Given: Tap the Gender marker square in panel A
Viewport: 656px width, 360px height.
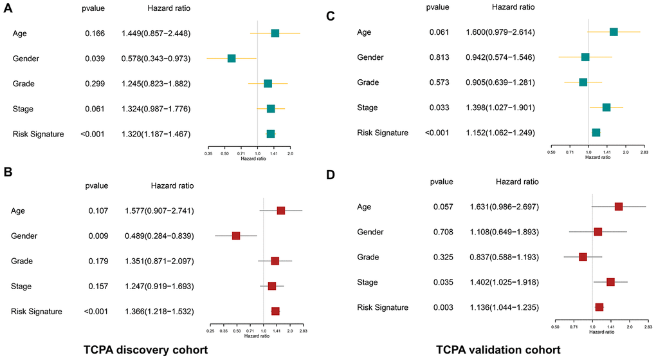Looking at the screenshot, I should click(x=232, y=59).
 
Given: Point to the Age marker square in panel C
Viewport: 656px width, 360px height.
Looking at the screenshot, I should click(x=614, y=32).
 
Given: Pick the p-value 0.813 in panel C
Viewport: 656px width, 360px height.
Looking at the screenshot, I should click(x=441, y=57).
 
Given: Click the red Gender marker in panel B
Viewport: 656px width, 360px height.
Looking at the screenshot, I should click(x=236, y=236).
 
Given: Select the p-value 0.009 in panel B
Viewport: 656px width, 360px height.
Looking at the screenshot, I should click(x=98, y=236).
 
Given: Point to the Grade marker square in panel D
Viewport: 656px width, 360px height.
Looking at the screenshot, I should click(x=583, y=257).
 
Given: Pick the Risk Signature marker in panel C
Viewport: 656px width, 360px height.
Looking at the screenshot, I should click(x=596, y=133).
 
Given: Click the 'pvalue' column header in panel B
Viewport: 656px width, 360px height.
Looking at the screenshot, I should click(x=97, y=186).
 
